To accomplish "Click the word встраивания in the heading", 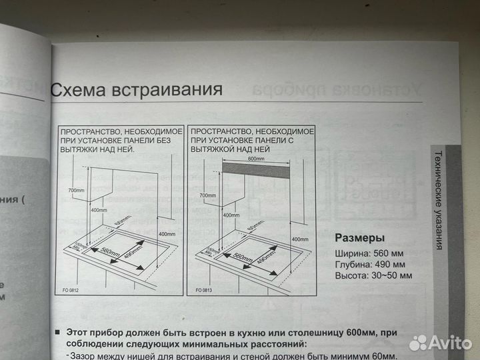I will point(169,88).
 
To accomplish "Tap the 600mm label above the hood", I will point(256,159).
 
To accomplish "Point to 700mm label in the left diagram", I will point(76,190).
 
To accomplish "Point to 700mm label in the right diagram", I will point(209,195).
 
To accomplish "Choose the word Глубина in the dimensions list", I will point(353,264).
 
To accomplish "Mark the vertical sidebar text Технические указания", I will point(437,200).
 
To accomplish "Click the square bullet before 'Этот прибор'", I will point(59,331).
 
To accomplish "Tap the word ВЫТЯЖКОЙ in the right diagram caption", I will point(215,151).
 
